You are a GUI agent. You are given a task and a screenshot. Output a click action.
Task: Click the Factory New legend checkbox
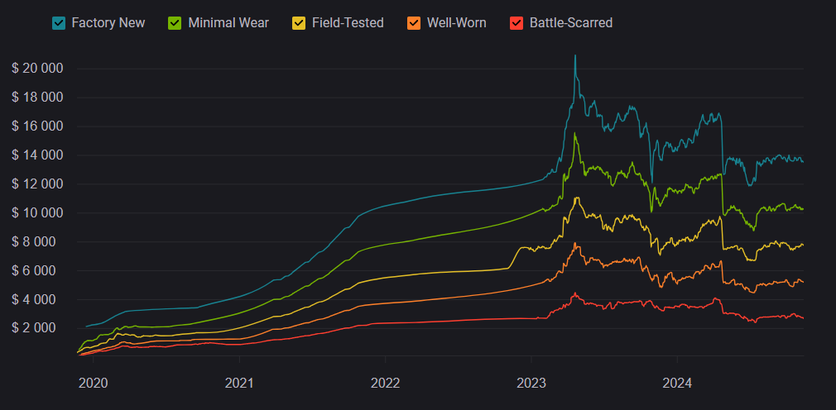tap(59, 23)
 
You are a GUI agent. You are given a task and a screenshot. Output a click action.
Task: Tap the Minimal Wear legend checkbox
tap(175, 23)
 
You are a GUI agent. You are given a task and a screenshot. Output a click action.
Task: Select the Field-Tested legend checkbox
tap(299, 23)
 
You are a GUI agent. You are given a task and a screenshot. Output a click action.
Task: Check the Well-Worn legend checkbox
tap(414, 23)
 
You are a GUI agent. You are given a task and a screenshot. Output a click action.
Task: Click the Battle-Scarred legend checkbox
tap(516, 23)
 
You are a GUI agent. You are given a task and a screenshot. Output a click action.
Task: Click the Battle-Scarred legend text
tap(570, 23)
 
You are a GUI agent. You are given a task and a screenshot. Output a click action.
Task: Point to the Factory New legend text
tap(108, 23)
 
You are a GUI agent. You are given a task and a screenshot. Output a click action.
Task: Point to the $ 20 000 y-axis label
tap(37, 69)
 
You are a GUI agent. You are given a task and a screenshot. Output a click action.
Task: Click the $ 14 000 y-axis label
tap(37, 155)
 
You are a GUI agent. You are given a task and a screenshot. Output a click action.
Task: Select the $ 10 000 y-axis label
tap(37, 213)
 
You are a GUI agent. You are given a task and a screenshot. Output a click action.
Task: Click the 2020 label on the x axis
tap(93, 383)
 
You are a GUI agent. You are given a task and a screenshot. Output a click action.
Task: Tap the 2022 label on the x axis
tap(385, 383)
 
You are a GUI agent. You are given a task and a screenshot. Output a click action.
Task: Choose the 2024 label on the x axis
tap(677, 383)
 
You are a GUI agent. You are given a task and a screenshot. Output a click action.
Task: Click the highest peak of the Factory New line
tap(575, 55)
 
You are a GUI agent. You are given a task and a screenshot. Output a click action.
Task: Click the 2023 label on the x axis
tap(531, 383)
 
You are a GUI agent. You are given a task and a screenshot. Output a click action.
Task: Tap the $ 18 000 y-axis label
tap(37, 98)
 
